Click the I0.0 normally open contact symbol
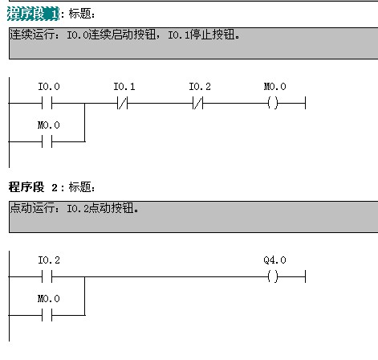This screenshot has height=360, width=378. tap(47, 103)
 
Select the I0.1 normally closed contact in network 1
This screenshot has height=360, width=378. tap(123, 103)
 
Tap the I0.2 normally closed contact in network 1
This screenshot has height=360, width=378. tap(198, 103)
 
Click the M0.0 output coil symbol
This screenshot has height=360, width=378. tap(273, 103)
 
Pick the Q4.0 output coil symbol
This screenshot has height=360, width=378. tap(273, 276)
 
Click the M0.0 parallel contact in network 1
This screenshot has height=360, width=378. tap(47, 141)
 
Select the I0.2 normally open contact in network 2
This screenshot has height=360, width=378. tap(47, 276)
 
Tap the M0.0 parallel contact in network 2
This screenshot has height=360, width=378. tap(47, 315)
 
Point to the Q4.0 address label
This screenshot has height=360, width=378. tap(274, 260)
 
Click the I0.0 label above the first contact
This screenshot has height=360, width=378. tap(49, 86)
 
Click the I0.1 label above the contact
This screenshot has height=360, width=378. tap(124, 86)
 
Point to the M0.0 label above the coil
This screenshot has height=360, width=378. tap(275, 86)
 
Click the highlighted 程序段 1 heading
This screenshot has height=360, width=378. tap(33, 14)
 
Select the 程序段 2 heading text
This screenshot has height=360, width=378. tap(33, 187)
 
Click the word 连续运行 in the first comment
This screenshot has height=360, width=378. tap(32, 35)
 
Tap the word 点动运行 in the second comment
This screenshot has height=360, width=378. tap(32, 208)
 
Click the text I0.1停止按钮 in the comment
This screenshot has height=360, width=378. tap(203, 35)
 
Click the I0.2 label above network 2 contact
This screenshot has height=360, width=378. tap(49, 260)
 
